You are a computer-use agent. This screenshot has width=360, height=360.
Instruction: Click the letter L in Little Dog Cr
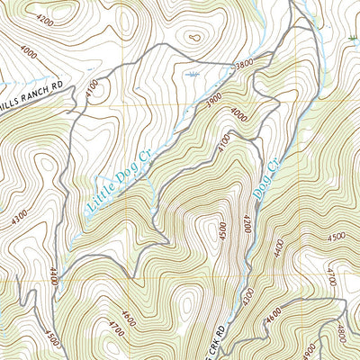click(x=91, y=212)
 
